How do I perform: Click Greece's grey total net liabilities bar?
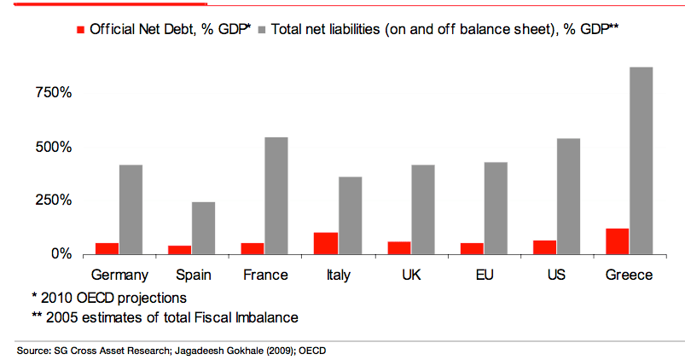tap(641, 160)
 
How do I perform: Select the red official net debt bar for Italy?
tap(326, 243)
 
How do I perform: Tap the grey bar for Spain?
tap(203, 228)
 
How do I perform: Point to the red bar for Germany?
tap(107, 248)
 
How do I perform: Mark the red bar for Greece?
tap(617, 241)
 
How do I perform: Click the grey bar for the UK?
tap(422, 209)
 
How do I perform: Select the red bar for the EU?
tap(472, 248)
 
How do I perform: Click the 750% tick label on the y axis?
tap(54, 92)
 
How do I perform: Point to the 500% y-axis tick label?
tap(54, 147)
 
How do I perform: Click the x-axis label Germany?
tap(119, 275)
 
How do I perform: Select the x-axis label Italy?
tap(338, 275)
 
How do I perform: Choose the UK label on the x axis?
tap(411, 275)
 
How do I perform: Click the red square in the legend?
tap(81, 29)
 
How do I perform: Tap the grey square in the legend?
tap(260, 29)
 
